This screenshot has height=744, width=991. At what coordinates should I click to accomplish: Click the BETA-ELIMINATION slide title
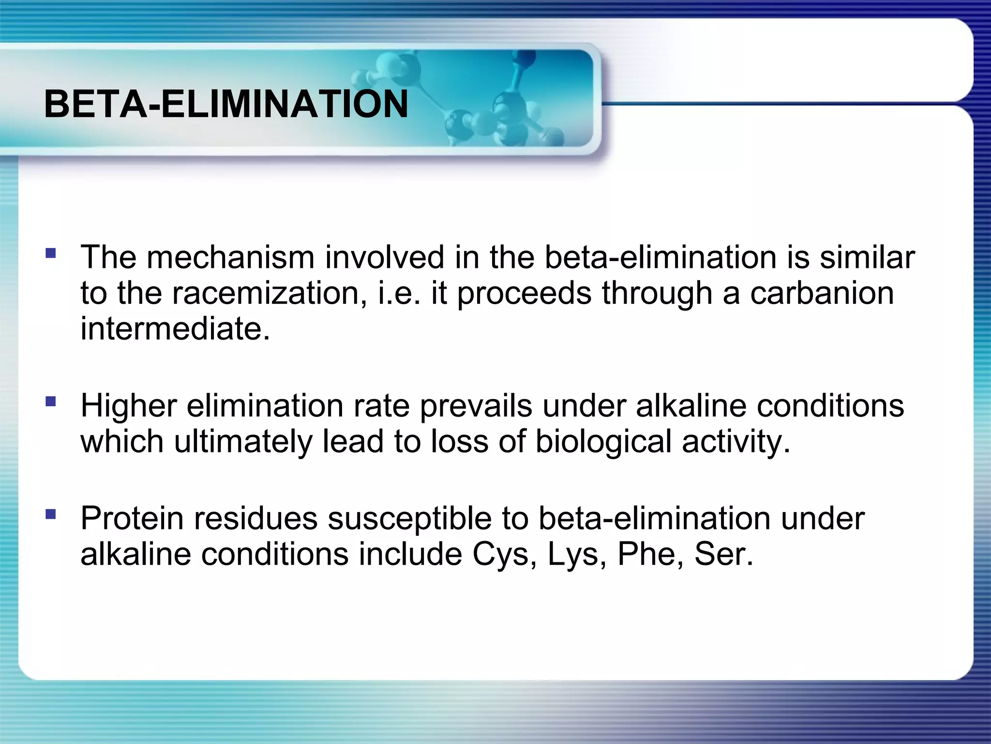click(x=226, y=104)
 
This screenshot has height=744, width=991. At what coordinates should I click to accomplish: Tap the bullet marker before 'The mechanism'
click(x=50, y=253)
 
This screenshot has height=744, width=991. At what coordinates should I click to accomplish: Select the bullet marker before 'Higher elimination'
click(x=50, y=402)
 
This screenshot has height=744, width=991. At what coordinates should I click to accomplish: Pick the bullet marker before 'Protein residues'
click(x=50, y=514)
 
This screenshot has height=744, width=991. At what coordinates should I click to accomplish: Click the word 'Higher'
click(x=128, y=405)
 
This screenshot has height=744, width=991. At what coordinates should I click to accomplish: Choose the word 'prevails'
click(x=476, y=405)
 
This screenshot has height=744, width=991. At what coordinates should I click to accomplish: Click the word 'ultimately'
click(x=243, y=441)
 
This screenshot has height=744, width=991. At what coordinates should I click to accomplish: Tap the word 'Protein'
click(x=132, y=518)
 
